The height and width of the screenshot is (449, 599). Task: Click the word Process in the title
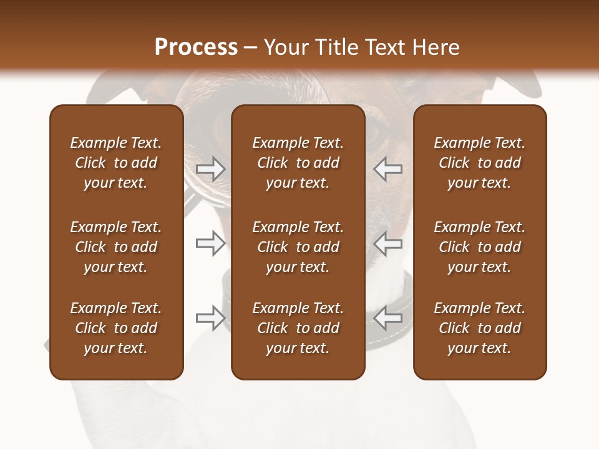tap(196, 47)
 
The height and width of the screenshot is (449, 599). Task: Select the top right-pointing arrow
tap(211, 168)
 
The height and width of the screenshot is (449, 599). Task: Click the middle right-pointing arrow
tap(211, 244)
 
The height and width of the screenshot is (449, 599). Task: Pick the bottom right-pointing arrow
tap(211, 318)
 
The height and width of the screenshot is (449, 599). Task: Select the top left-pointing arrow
tap(387, 168)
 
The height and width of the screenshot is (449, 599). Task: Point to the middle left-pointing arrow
tap(387, 244)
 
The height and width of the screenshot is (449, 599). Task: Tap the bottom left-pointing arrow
tap(387, 318)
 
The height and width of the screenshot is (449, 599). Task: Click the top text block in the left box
tap(116, 163)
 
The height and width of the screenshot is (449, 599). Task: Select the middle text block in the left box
tap(116, 247)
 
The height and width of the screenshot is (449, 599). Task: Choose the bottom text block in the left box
tap(116, 328)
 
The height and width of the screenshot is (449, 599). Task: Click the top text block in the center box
tap(298, 163)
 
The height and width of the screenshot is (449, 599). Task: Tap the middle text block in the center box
tap(298, 247)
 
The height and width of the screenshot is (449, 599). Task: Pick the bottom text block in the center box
tap(298, 328)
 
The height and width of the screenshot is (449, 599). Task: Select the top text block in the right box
tap(480, 163)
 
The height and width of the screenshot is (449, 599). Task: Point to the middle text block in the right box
tap(480, 247)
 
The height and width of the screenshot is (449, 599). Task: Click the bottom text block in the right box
tap(480, 328)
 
